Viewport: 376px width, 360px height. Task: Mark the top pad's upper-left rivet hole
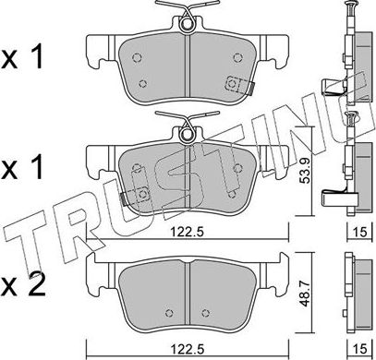coord(137,54)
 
